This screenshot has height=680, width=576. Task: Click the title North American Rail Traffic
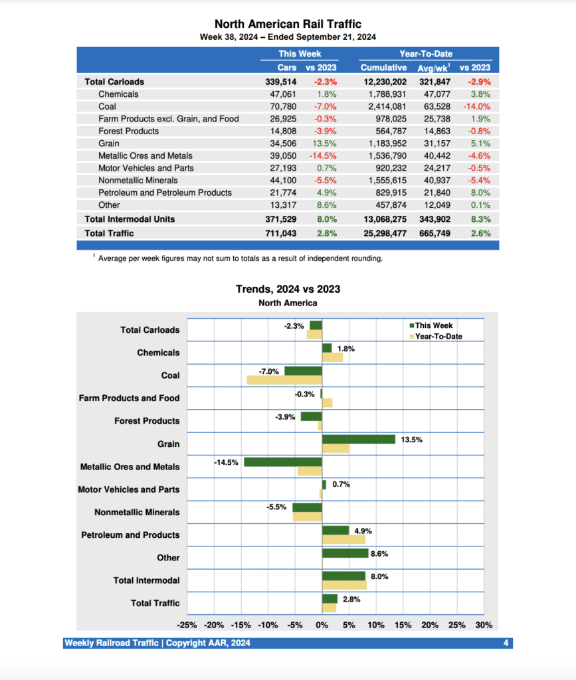[288, 25]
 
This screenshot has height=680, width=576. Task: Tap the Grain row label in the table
[109, 143]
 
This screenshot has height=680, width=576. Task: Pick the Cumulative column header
[383, 68]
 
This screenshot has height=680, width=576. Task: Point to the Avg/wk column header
[434, 68]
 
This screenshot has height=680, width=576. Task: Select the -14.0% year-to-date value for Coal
[477, 106]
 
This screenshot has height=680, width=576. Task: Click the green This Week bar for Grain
[358, 440]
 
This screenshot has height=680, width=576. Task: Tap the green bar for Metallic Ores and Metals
[282, 462]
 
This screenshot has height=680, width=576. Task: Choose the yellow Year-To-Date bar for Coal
[284, 381]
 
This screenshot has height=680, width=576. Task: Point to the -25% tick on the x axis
[187, 626]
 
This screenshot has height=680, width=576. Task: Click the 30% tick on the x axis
[484, 626]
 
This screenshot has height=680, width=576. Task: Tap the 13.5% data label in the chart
[411, 440]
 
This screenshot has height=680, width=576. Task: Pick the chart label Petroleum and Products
[130, 535]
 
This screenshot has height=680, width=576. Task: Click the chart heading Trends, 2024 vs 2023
[288, 290]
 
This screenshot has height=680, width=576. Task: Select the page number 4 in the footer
[506, 643]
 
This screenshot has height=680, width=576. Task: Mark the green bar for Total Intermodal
[343, 576]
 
